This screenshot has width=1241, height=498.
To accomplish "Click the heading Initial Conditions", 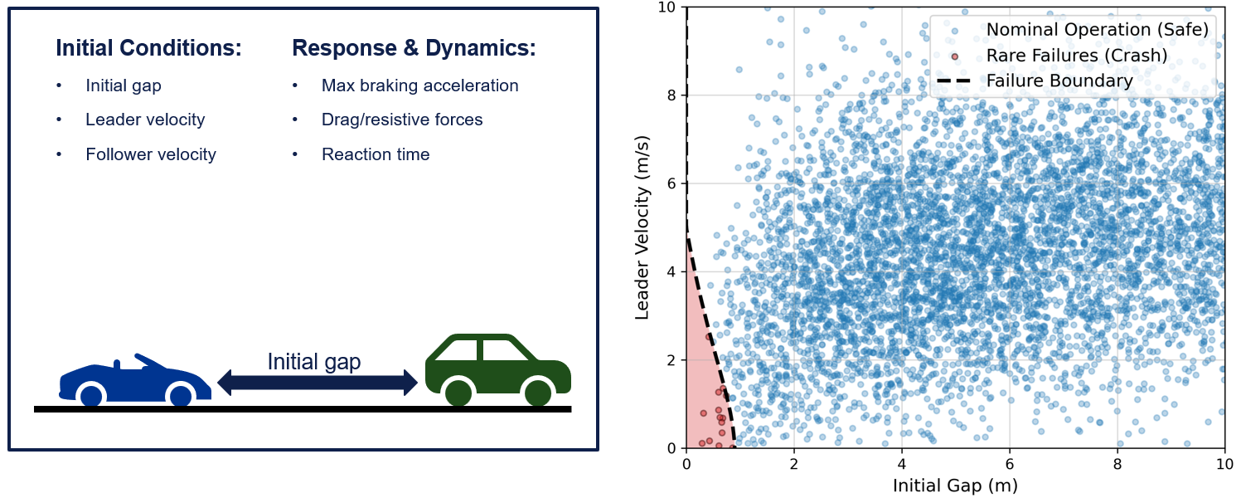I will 148,48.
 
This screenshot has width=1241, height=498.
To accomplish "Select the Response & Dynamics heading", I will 414,48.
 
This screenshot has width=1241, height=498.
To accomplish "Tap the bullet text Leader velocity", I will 145,120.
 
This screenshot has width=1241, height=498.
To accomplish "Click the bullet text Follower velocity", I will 151,154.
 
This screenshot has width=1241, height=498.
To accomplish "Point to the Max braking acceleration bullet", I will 419,85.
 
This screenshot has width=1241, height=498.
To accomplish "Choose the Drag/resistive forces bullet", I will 402,120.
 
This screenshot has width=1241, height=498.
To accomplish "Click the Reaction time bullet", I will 376,154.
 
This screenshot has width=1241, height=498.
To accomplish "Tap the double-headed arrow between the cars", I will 318,383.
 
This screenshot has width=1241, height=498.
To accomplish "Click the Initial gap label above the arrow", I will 314,362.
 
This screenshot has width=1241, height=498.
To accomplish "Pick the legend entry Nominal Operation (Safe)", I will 1096,30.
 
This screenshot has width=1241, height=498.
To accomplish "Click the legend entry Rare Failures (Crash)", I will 1076,56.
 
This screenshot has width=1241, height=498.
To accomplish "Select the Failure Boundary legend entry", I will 1059,81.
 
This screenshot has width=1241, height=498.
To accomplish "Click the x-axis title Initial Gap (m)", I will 955,485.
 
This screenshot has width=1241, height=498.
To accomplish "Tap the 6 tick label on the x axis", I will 1009,462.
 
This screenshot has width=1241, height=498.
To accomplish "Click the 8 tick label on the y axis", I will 671,95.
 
